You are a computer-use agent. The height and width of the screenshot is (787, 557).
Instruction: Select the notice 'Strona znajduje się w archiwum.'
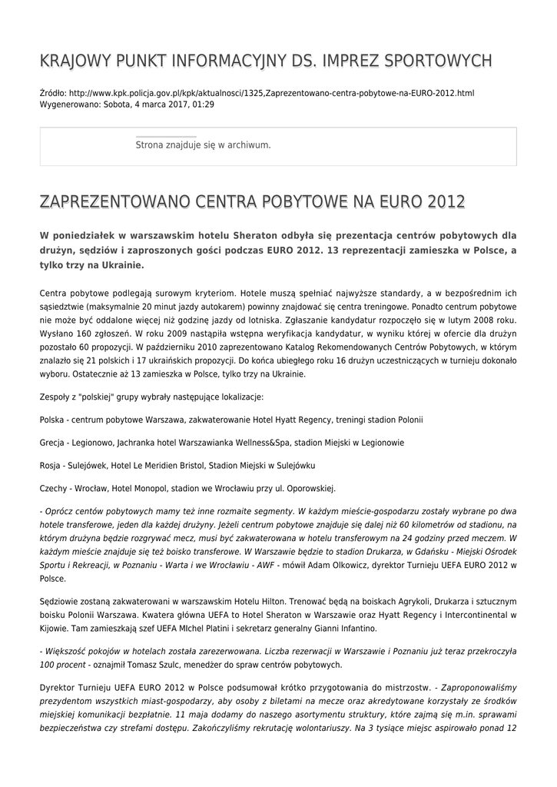point(203,144)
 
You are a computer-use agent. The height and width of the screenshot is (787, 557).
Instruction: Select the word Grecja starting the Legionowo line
point(51,443)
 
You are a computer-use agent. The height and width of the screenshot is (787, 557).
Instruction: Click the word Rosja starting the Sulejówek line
point(50,466)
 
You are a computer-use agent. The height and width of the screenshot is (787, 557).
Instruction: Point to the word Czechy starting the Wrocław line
point(53,488)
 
